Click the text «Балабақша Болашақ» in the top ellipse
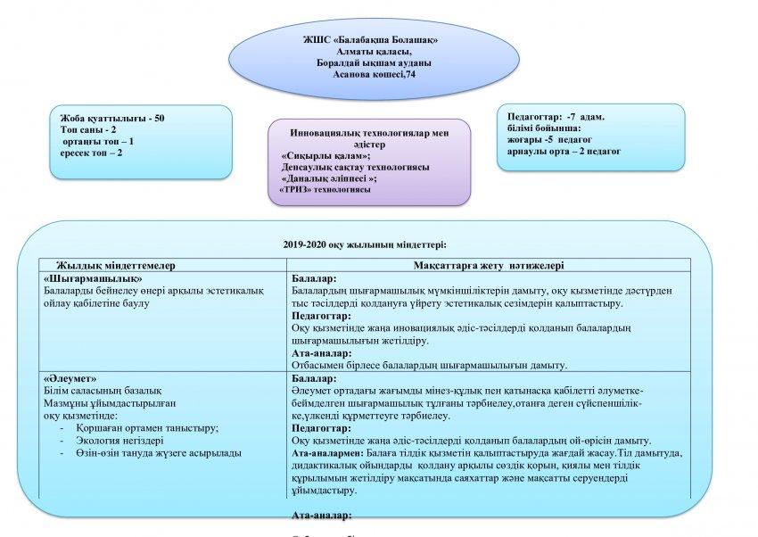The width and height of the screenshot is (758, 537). pyautogui.click(x=390, y=41)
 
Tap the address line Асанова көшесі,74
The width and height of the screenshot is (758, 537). pyautogui.click(x=374, y=75)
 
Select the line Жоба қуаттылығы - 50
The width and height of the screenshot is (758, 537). pyautogui.click(x=112, y=119)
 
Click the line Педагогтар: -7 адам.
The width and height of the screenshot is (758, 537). pyautogui.click(x=556, y=117)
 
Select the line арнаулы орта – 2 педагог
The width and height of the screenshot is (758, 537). pyautogui.click(x=558, y=151)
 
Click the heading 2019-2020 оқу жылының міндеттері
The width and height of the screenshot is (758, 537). pyautogui.click(x=365, y=244)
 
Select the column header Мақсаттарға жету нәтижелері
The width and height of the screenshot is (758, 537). pyautogui.click(x=489, y=265)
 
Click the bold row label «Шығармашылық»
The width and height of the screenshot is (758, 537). pyautogui.click(x=93, y=278)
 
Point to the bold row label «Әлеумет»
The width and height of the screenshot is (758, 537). pyautogui.click(x=70, y=378)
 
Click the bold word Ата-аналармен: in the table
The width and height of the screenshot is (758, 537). pyautogui.click(x=328, y=453)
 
